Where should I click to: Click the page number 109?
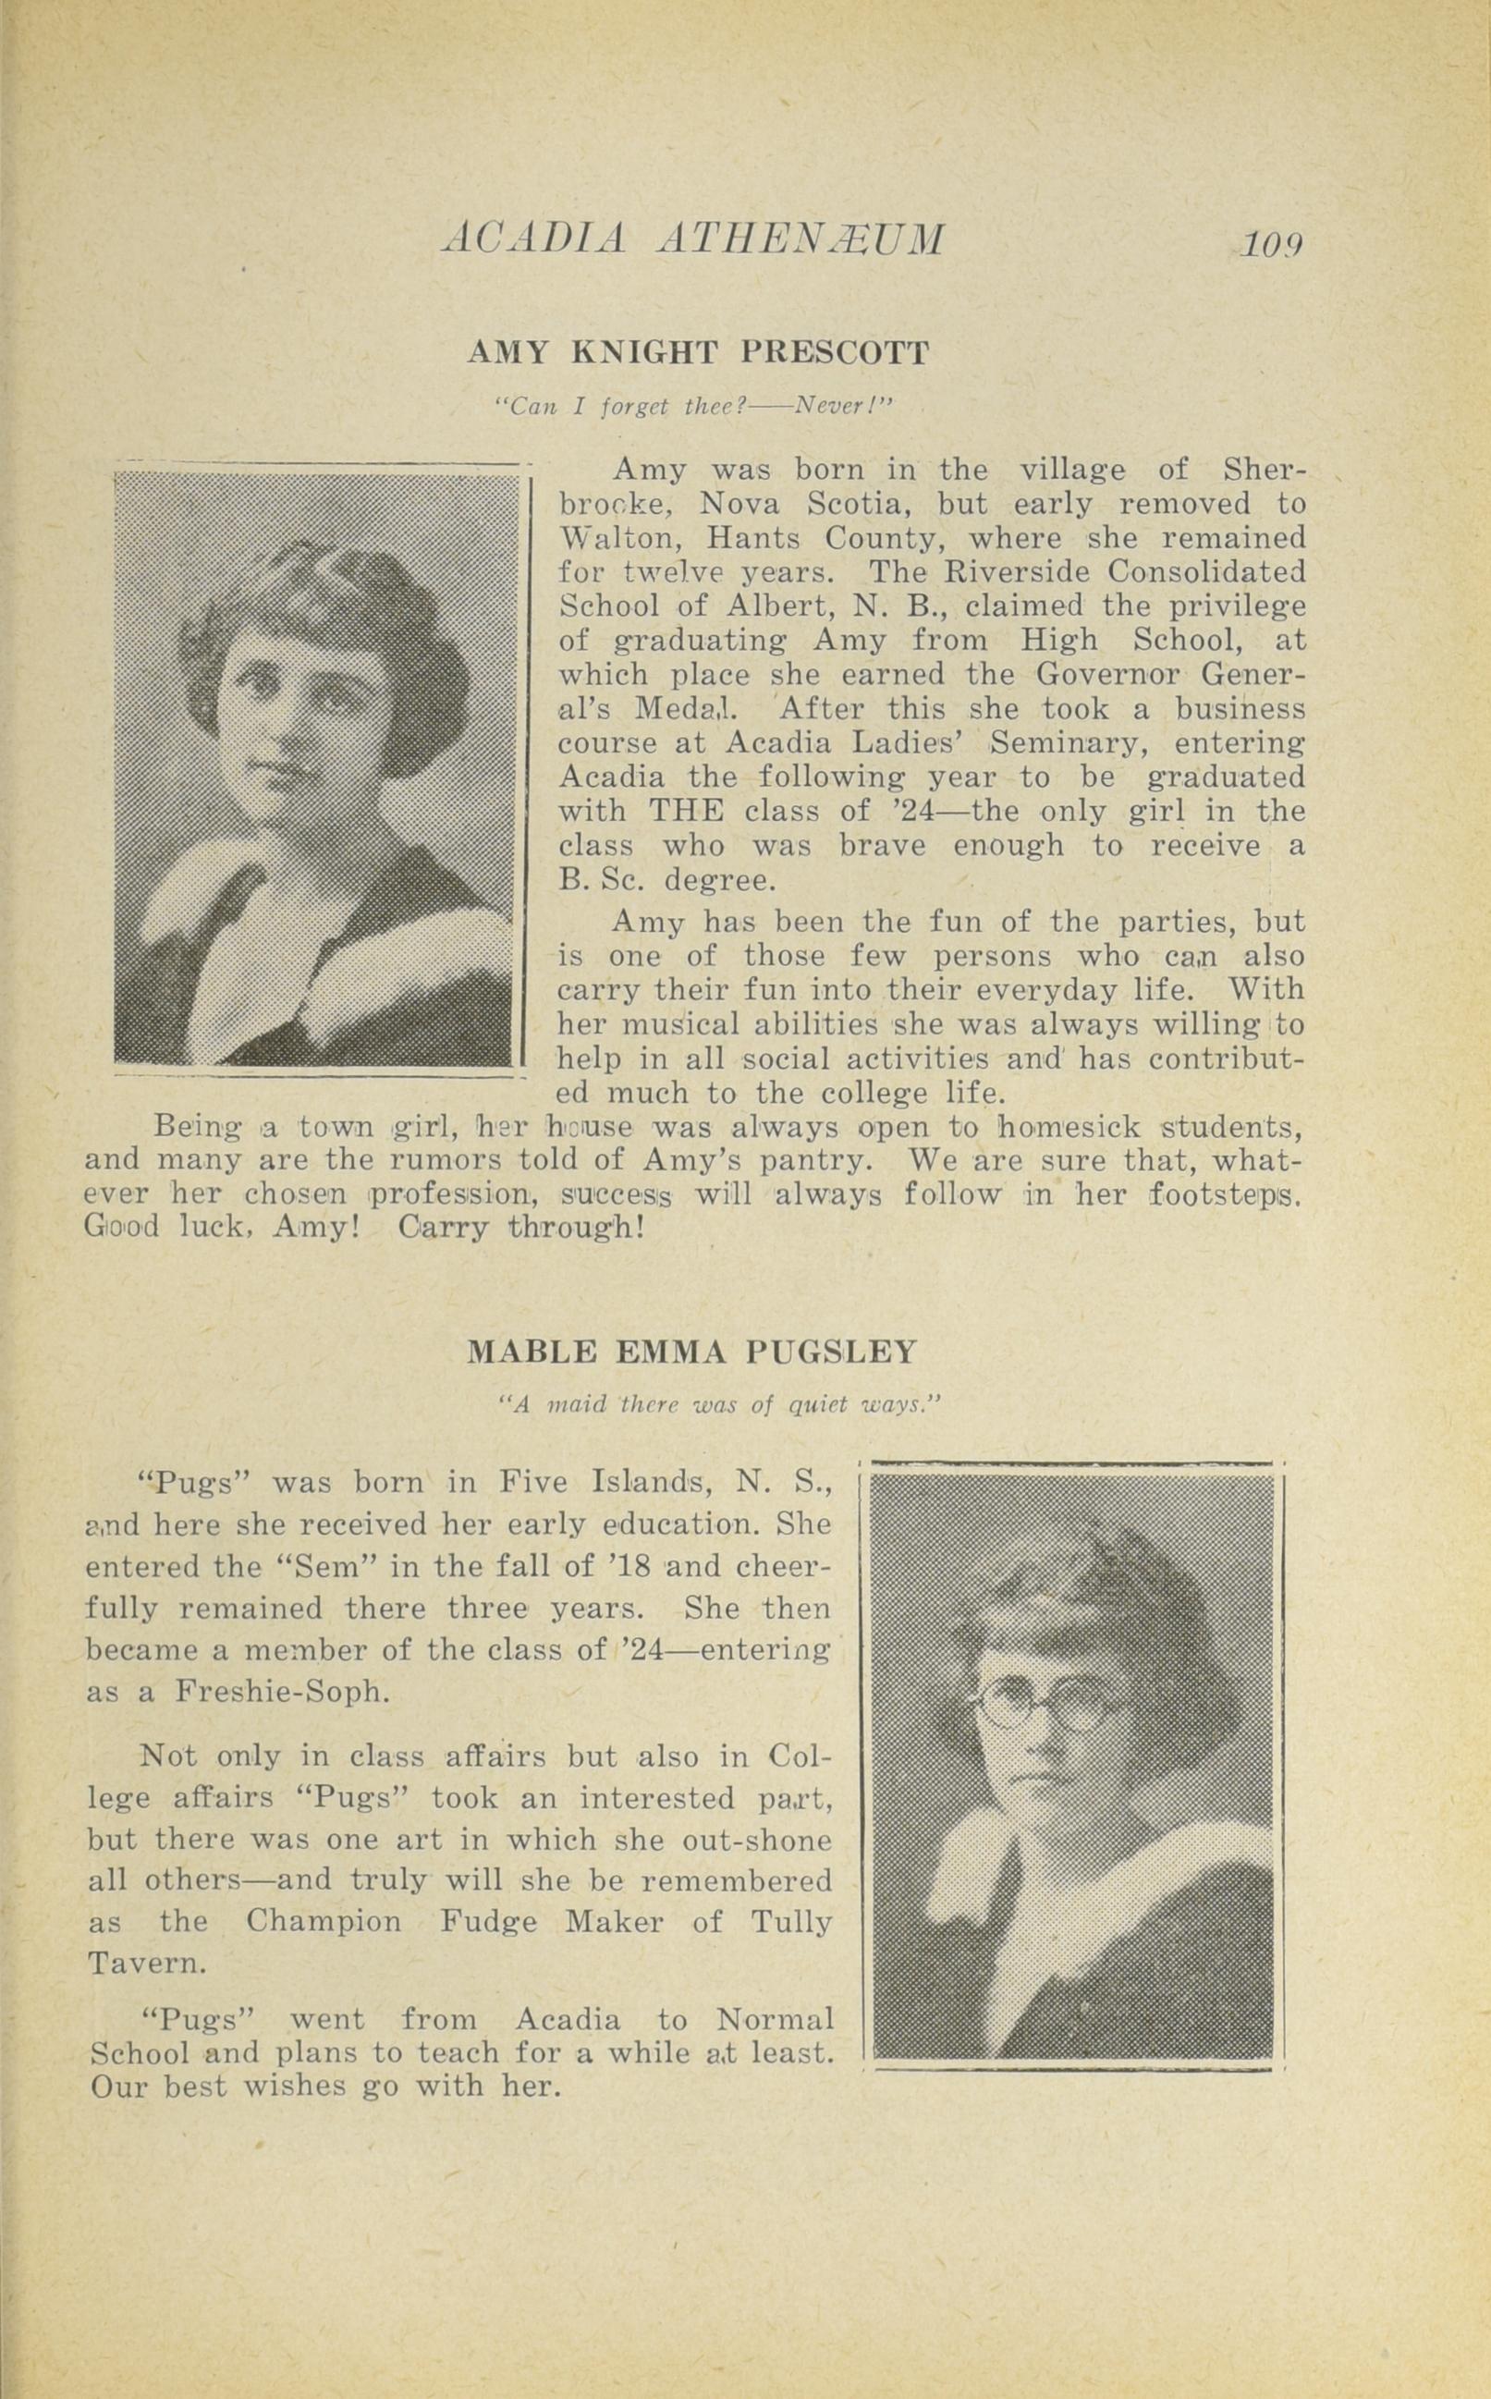[1273, 242]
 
